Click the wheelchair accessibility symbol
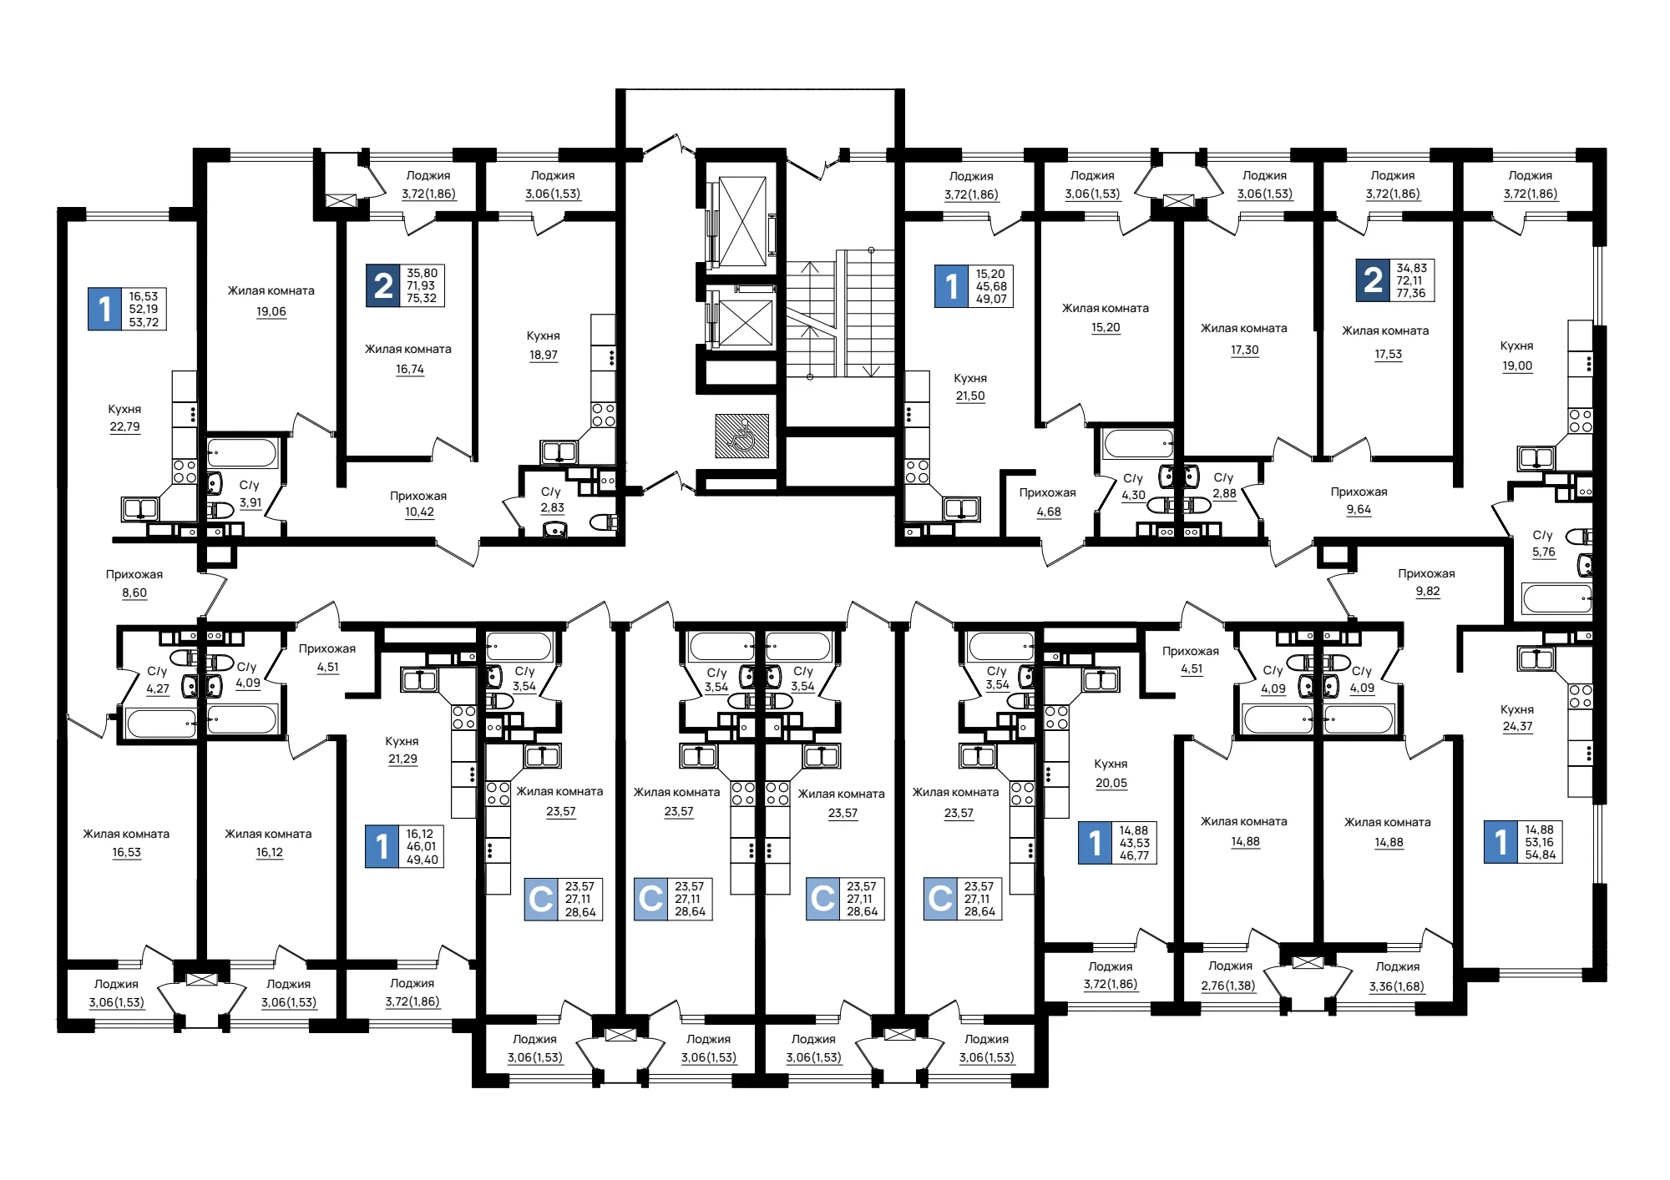(x=741, y=436)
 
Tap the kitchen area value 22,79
(x=124, y=426)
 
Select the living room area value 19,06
(x=271, y=311)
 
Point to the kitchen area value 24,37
(x=1517, y=726)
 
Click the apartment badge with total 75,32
(x=405, y=285)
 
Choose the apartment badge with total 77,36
(x=1395, y=280)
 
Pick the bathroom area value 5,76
(x=1544, y=552)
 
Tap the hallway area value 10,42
(x=419, y=512)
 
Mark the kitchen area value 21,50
(x=970, y=396)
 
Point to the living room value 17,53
(x=1388, y=354)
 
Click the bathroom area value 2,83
(x=552, y=507)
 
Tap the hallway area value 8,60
(x=134, y=593)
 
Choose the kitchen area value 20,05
(x=1111, y=783)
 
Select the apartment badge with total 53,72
(x=127, y=309)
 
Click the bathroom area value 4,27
(x=158, y=688)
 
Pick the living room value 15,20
(x=1106, y=327)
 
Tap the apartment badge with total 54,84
(x=1524, y=843)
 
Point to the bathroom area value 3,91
(x=250, y=502)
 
